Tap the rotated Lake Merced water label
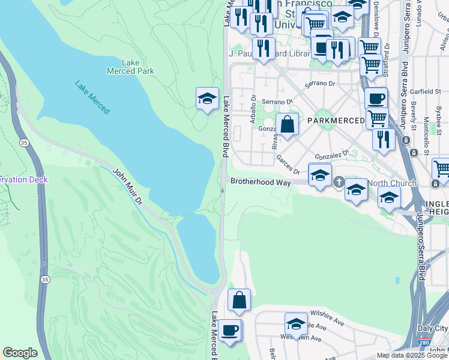pos(92,97)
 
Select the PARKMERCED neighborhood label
pos(336,121)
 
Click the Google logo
pos(20,353)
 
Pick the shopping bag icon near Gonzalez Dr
pos(288,125)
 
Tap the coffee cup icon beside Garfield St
pos(376,98)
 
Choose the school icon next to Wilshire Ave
pos(296,324)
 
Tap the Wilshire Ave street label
pos(327,317)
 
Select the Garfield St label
pos(427,92)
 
